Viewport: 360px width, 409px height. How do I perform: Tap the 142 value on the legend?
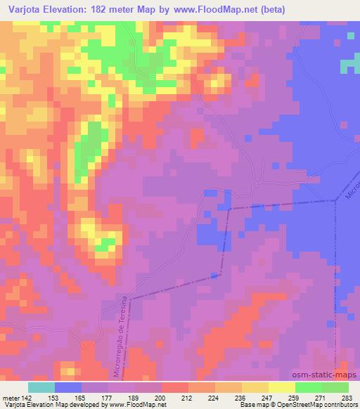[25, 397]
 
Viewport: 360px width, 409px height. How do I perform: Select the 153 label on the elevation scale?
[54, 397]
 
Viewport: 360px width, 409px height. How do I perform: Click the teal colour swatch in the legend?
[41, 387]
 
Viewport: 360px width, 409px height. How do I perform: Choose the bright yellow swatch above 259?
[282, 387]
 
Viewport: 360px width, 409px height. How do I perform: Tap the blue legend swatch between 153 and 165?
[68, 387]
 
